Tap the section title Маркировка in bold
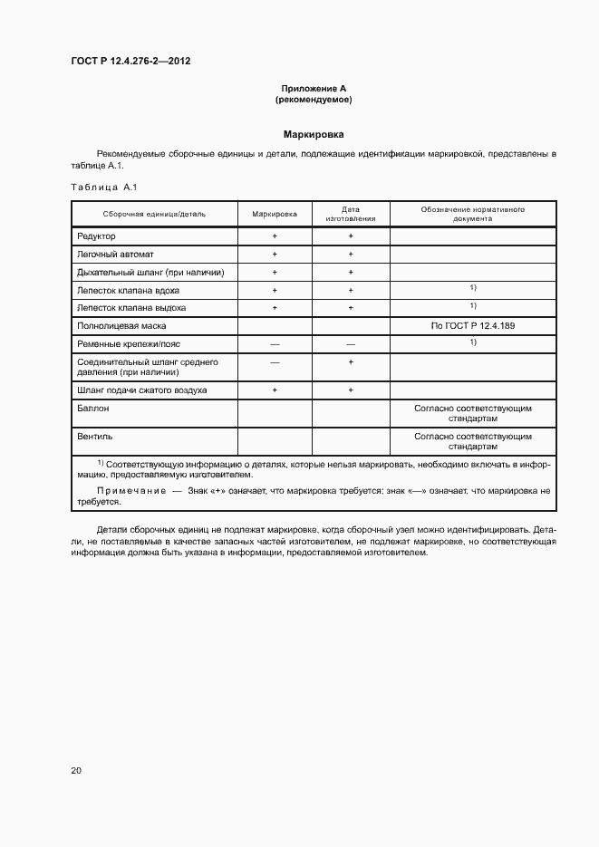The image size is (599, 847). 313,133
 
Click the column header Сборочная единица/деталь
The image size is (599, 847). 154,214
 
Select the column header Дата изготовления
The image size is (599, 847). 350,214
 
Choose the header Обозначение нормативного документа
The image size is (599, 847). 473,214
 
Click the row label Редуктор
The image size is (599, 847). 97,236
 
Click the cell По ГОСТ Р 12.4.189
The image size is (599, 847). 473,324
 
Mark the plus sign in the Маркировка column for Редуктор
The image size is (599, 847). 275,236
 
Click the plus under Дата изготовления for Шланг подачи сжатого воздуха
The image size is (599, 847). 350,390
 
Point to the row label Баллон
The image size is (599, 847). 94,409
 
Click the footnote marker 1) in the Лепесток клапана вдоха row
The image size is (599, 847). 473,288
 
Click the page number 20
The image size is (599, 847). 76,770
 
